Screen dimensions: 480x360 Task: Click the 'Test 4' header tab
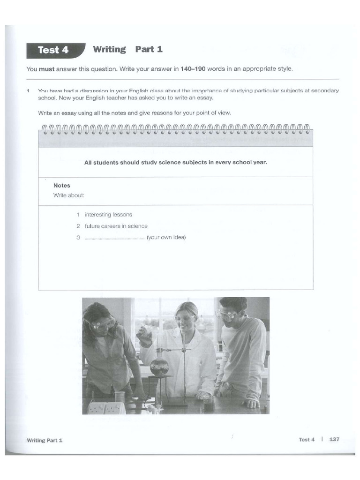tap(53, 50)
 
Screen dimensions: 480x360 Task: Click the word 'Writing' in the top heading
tap(109, 49)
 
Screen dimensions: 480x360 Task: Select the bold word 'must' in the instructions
tap(46, 69)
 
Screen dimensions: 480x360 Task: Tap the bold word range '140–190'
tap(193, 69)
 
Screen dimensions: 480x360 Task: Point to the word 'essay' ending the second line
tap(205, 98)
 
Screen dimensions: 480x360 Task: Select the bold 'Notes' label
tap(62, 186)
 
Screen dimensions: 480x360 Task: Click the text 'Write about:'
tap(68, 195)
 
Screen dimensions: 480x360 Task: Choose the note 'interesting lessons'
tap(108, 215)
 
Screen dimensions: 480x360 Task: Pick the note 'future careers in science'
tap(116, 226)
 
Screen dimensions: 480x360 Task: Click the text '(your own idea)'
tap(166, 237)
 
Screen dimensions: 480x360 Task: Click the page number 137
tap(334, 439)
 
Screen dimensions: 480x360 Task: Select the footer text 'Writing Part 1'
tap(45, 440)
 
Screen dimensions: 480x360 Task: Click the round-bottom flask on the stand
tap(159, 366)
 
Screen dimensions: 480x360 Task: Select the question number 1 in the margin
tap(28, 90)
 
